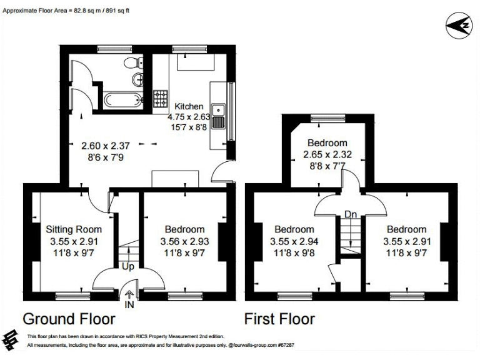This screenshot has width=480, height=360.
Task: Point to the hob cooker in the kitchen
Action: [x=161, y=99]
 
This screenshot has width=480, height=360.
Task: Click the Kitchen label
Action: [x=188, y=106]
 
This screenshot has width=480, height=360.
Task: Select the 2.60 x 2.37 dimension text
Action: [x=106, y=146]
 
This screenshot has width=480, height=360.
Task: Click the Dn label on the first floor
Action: [x=351, y=215]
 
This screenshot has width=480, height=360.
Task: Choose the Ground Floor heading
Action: [x=69, y=319]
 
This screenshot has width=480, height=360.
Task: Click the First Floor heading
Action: [x=279, y=319]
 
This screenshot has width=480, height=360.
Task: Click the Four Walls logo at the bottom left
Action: [x=11, y=340]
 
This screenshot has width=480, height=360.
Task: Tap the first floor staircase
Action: [x=351, y=236]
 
